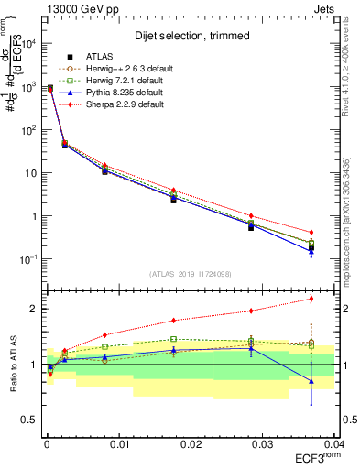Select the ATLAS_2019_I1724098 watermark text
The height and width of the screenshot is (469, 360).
tap(190, 273)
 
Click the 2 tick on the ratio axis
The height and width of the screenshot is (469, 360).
tap(33, 309)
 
